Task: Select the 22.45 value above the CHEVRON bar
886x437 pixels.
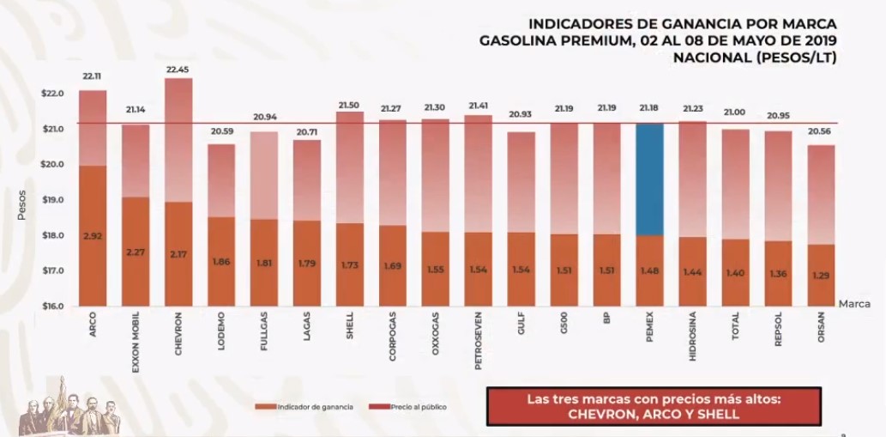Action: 178,70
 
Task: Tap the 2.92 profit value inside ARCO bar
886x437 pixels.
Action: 93,234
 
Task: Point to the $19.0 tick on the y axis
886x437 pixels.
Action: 52,200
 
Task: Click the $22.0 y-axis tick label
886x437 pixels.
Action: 52,94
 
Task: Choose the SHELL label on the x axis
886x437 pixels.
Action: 349,324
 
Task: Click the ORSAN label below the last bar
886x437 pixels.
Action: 821,327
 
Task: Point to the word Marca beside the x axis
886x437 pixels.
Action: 856,304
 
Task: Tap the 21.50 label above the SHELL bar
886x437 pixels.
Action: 349,104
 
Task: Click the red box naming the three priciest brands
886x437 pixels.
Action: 653,406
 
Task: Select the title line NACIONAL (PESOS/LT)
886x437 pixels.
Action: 755,58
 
